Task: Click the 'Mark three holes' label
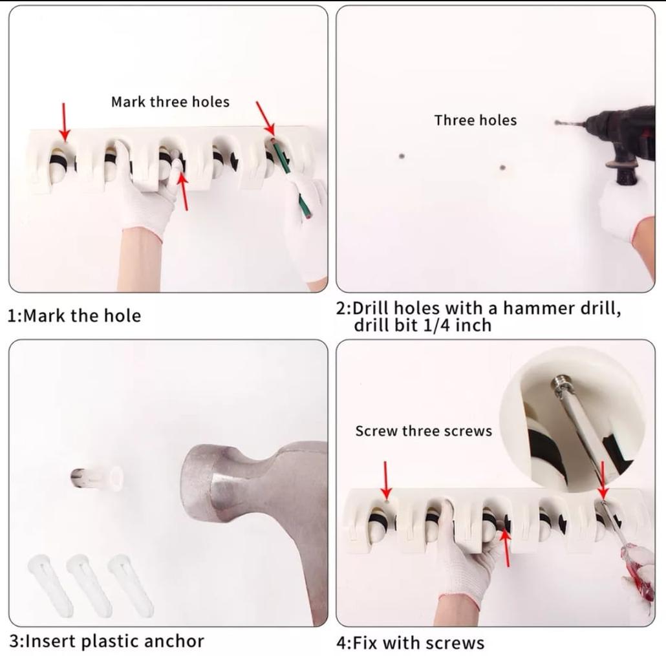coord(170,102)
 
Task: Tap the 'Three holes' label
coord(475,120)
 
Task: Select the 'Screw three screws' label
coord(424,431)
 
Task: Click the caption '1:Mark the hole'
coord(74,316)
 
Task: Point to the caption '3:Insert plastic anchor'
coord(107,641)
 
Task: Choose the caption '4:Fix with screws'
coord(411,642)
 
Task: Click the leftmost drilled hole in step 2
coord(402,156)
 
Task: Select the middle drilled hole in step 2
coord(502,167)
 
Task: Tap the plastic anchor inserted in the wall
coord(98,478)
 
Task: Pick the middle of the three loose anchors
coord(89,585)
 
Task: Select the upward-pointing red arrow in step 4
coord(506,547)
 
